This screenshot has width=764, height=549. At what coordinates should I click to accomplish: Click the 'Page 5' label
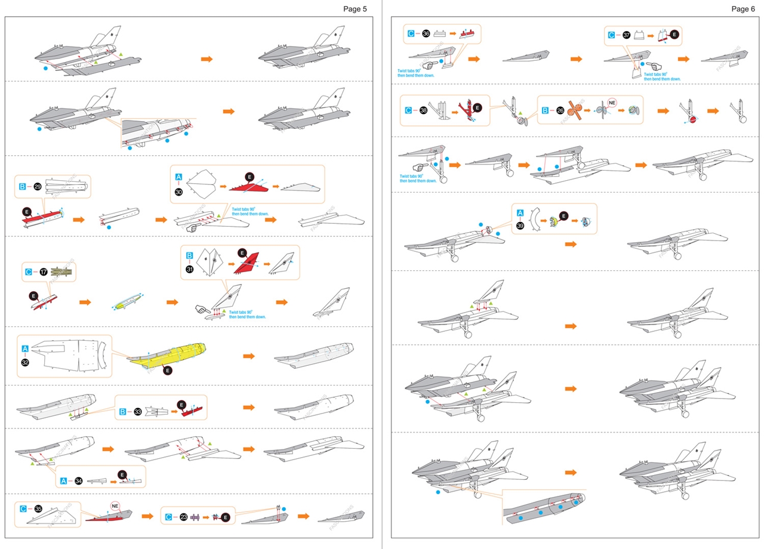click(355, 8)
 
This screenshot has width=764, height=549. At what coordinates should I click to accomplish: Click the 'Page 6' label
click(743, 8)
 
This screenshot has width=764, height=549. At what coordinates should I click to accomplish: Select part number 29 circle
click(38, 187)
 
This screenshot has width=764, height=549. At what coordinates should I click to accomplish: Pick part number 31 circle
click(189, 268)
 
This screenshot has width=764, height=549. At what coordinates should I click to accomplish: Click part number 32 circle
click(25, 361)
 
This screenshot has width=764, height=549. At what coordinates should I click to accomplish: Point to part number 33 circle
click(138, 412)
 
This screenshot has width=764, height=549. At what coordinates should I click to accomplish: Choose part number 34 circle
click(79, 481)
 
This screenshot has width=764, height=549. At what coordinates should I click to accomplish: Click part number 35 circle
click(38, 509)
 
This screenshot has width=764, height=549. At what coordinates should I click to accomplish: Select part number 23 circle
click(184, 517)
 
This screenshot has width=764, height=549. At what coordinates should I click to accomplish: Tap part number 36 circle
click(426, 33)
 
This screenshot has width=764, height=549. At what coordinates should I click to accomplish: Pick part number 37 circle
click(627, 35)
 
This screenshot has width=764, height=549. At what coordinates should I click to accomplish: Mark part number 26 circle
click(560, 110)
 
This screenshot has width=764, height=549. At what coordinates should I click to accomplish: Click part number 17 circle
click(44, 272)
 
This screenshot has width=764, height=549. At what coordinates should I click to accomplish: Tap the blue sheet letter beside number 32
click(25, 348)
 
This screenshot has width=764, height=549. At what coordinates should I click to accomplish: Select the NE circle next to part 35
click(115, 505)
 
